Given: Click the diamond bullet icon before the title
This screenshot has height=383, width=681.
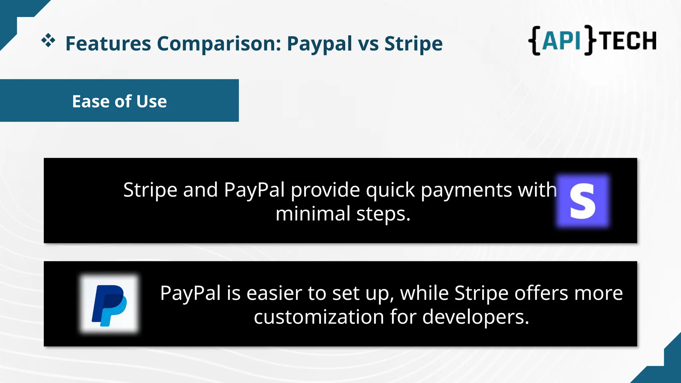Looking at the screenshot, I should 48,41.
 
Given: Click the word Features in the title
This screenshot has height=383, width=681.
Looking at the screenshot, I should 108,44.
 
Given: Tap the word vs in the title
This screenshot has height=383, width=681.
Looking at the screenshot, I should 368,44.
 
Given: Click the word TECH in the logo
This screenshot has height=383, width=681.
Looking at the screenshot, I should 628,41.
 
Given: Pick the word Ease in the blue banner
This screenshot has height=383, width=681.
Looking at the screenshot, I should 91,101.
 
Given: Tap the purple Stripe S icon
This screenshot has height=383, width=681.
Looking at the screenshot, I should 583,201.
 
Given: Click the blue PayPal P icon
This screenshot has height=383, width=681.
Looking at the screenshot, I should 109,304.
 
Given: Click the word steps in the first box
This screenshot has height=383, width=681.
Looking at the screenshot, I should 383,214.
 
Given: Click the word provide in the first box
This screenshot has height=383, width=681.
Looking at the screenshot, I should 325,191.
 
